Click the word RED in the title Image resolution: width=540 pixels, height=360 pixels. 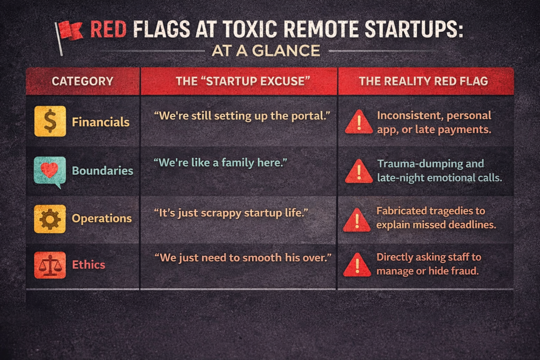pos(108,29)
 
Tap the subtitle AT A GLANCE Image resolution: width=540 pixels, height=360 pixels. pos(266,51)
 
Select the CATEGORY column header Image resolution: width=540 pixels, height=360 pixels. pos(83,81)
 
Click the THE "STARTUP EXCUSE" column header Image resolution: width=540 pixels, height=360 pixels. pos(243,81)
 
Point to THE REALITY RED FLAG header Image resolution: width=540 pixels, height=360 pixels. pos(423,81)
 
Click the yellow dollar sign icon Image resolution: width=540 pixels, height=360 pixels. pos(50,121)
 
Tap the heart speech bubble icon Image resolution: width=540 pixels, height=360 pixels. pos(50,172)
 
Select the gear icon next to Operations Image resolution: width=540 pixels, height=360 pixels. pos(50,219)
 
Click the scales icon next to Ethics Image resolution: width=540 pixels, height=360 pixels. pos(50,264)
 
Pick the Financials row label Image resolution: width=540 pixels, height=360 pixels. pos(100,122)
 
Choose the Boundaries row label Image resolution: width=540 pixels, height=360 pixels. pos(103,171)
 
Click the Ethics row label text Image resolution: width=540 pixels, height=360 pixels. pos(89,264)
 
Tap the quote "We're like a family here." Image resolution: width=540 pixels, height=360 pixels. pos(220,162)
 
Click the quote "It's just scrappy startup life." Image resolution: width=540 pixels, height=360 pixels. pos(231,213)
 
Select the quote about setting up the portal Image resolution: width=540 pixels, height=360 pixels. pos(242,116)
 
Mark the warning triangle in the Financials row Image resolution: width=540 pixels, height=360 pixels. pos(359,122)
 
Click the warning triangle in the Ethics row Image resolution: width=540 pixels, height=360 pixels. pos(357,264)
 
